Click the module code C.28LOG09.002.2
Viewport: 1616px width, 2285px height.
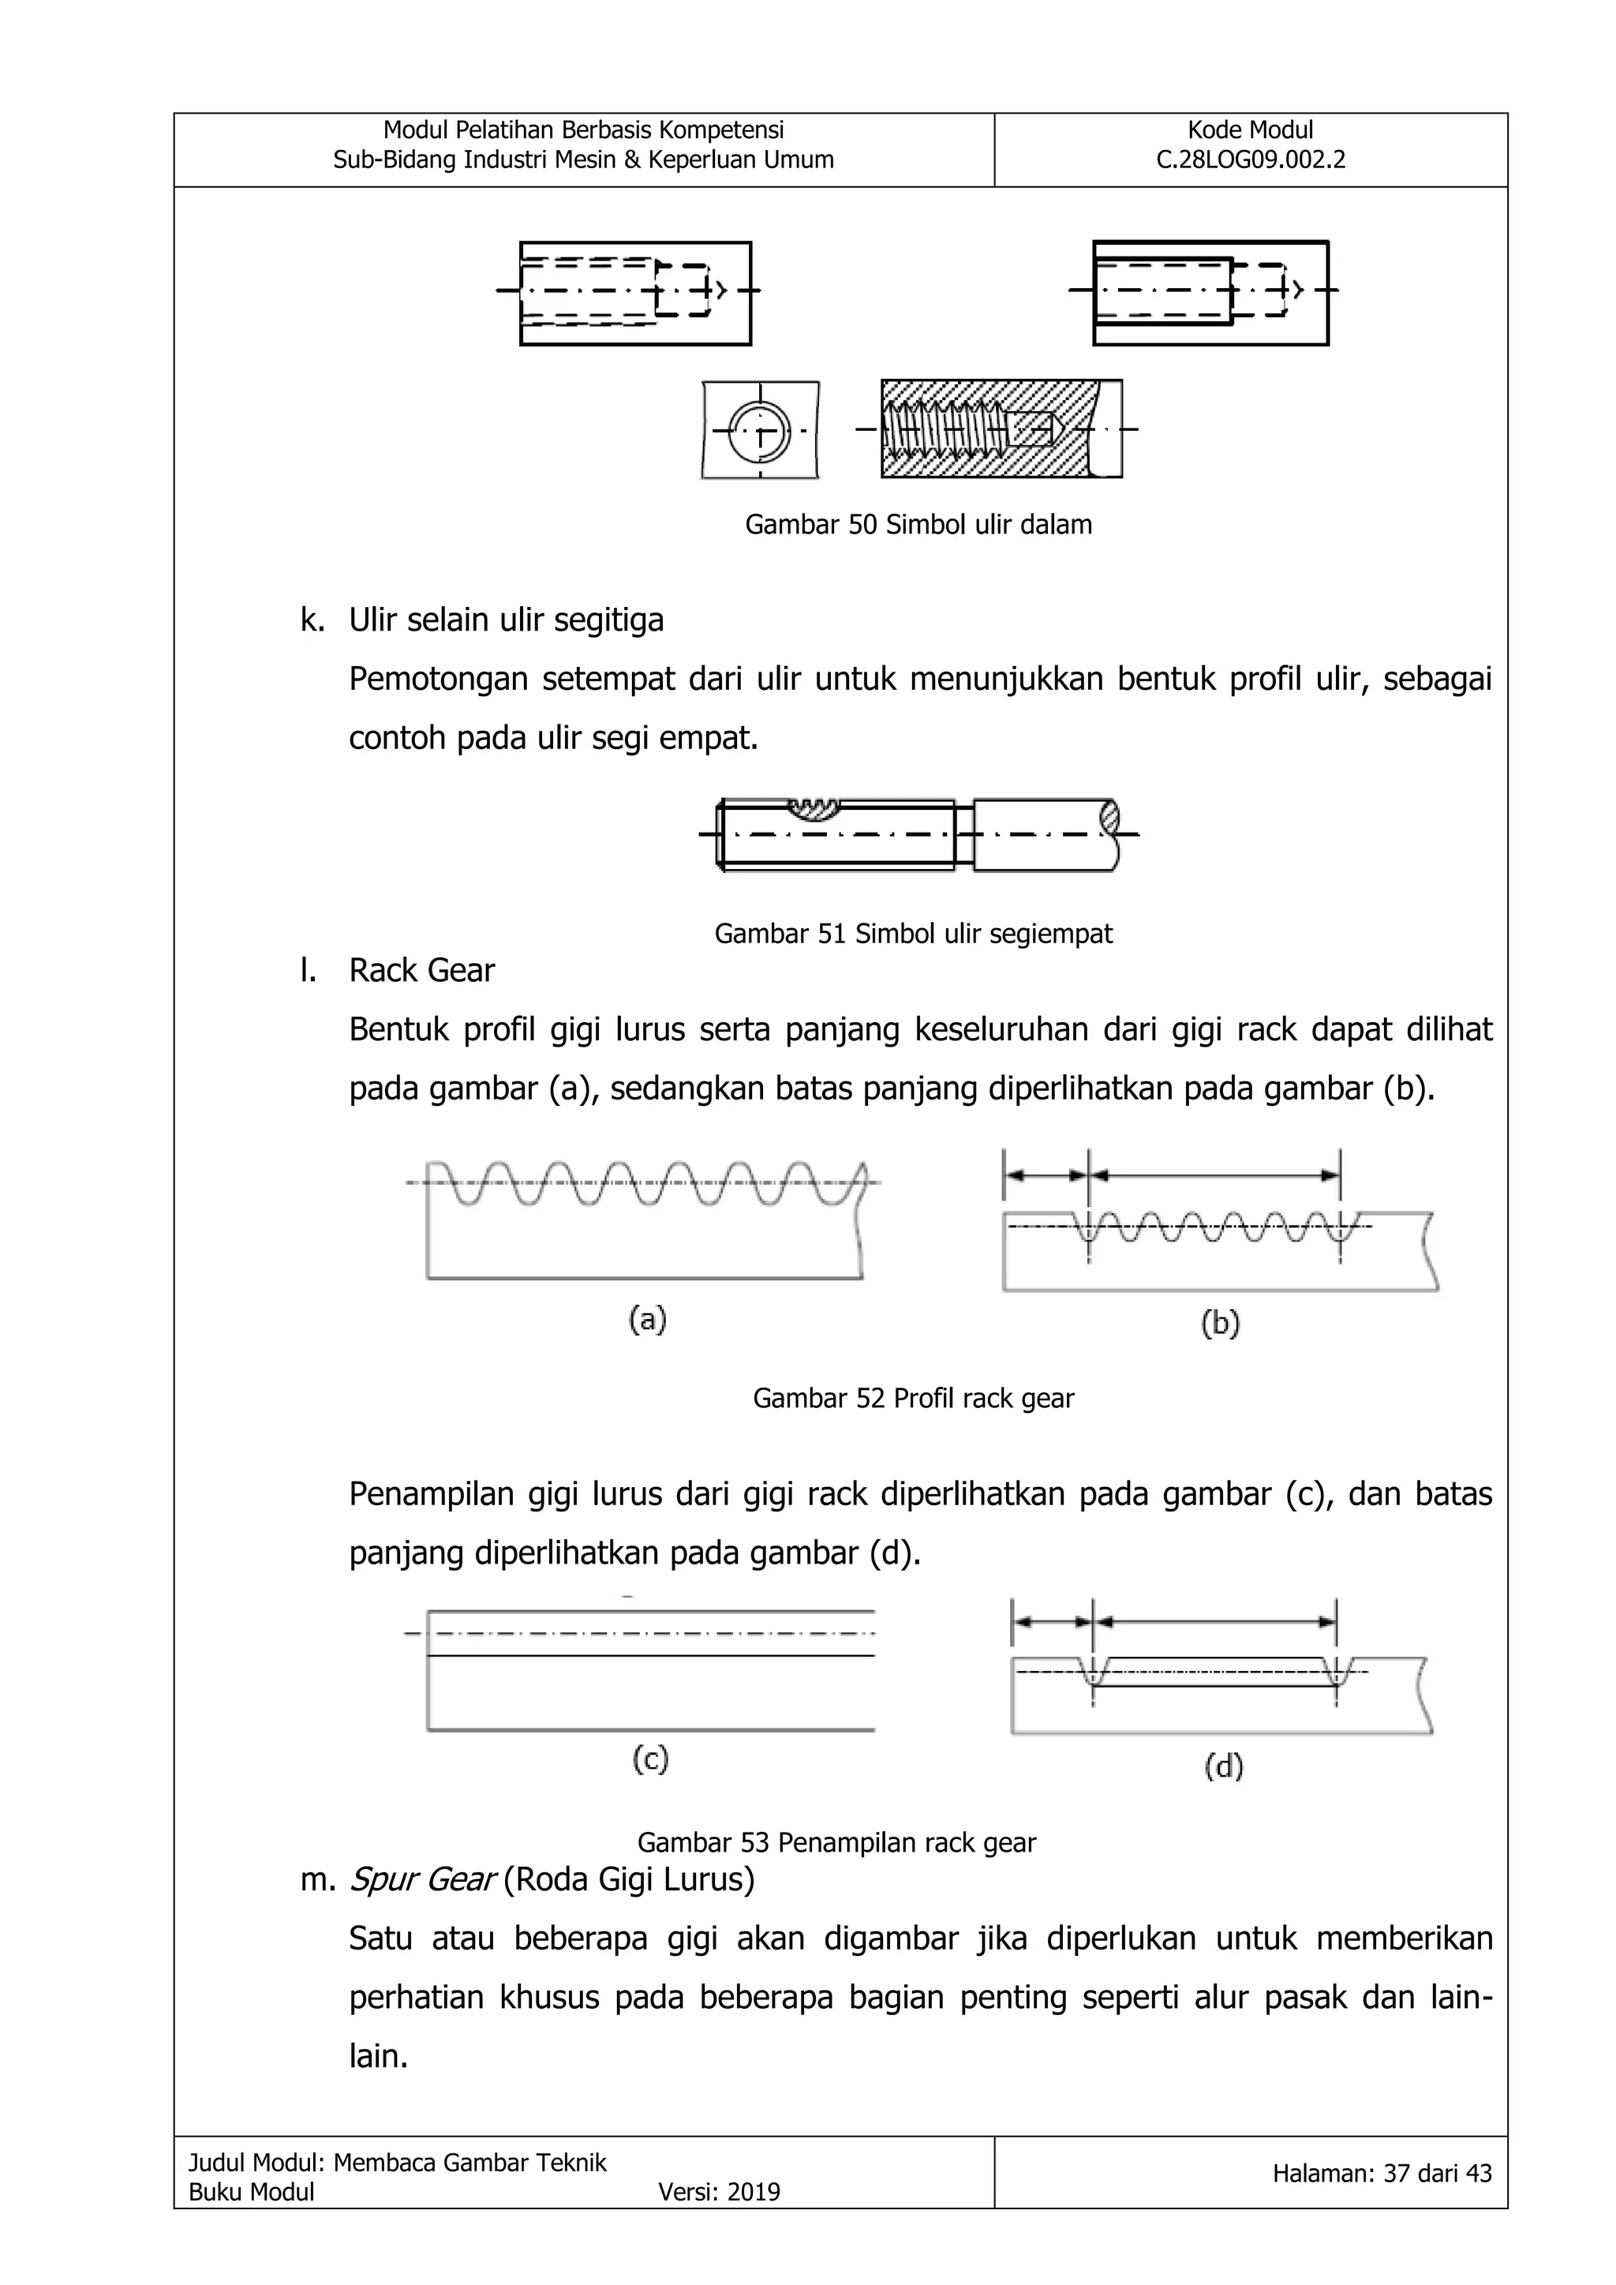coord(1250,160)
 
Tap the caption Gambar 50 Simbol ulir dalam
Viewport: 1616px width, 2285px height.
coord(918,524)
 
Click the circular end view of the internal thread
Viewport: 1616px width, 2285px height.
coord(759,432)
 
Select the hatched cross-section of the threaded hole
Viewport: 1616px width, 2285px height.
coord(1000,429)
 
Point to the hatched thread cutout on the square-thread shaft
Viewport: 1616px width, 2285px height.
coord(815,808)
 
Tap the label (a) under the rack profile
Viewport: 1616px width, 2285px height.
coord(647,1320)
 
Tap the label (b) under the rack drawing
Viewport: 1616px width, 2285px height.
coord(1220,1323)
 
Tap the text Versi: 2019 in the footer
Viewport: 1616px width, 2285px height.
coord(719,2191)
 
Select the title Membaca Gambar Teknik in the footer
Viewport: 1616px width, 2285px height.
coord(469,2162)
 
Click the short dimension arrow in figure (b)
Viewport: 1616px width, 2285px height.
coord(1046,1175)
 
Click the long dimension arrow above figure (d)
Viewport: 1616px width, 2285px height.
coord(1214,1621)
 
